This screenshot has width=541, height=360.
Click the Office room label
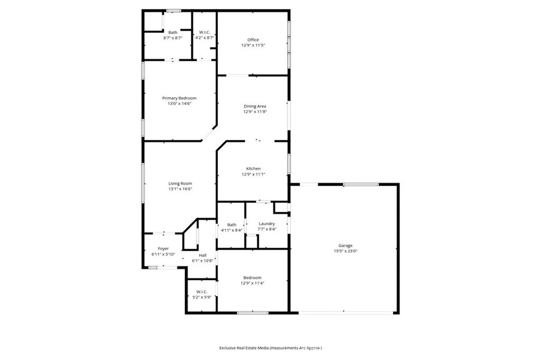[253, 40]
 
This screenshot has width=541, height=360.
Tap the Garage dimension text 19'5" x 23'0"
[346, 251]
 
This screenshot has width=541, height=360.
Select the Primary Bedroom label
[180, 98]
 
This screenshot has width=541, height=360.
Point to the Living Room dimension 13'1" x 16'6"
[180, 189]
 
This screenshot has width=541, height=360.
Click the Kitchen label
[253, 168]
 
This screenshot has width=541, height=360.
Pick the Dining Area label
[255, 106]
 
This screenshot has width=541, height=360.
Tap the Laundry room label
[267, 224]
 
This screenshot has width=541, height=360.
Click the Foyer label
[163, 249]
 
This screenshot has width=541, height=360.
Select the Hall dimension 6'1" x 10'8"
[202, 261]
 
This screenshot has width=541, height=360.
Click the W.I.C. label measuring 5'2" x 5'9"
[202, 292]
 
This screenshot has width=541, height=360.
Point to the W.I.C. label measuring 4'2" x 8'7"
[204, 32]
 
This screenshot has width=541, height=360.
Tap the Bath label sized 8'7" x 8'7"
[173, 32]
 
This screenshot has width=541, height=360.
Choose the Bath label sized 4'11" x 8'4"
[232, 225]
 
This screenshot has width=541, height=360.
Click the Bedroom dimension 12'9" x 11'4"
[253, 283]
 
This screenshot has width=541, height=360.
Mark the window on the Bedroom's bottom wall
[253, 313]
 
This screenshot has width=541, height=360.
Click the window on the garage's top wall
[361, 184]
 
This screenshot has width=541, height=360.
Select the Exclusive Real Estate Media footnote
[270, 348]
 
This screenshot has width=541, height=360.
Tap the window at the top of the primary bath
[174, 11]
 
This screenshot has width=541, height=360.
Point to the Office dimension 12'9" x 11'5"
[253, 45]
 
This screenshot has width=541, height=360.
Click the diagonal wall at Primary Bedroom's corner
[209, 134]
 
